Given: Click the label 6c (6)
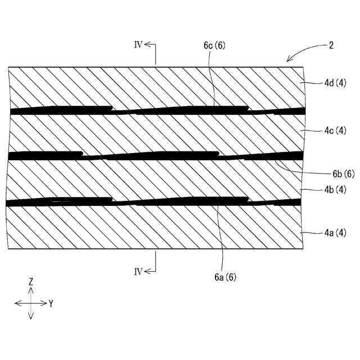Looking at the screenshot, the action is pos(215,47).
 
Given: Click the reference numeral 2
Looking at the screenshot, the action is pos(331,46).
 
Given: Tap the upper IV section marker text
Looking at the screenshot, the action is pos(138,44).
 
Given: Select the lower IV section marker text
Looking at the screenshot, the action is pos(138,271).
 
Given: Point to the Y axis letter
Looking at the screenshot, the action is pos(51,303).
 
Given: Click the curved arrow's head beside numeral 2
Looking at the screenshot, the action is pos(289,59).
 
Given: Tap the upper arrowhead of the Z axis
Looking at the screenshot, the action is pos(31,290).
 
